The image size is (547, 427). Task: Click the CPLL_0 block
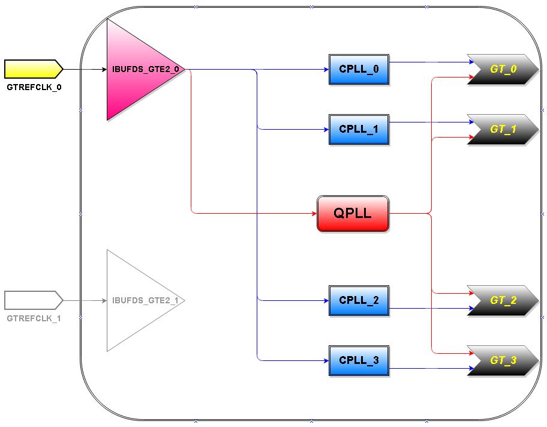click(359, 69)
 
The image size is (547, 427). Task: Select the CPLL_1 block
click(359, 129)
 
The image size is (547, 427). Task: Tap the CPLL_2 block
click(359, 300)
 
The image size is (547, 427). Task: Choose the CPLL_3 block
click(359, 360)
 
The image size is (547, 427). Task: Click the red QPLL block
click(353, 213)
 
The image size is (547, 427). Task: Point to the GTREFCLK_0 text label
click(34, 87)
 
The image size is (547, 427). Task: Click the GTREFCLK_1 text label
click(34, 318)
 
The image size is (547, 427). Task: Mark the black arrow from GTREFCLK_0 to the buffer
click(85, 69)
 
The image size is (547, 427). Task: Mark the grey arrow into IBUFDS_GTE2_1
click(85, 300)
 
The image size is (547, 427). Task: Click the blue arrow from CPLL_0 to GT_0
click(428, 61)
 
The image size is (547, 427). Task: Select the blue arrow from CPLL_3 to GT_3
click(428, 368)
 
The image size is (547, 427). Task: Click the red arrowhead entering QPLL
click(313, 213)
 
